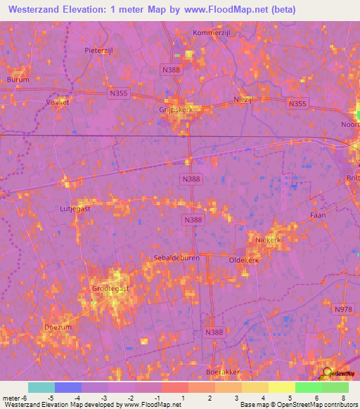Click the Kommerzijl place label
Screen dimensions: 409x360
coord(212,32)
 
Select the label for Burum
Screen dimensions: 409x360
coord(19,79)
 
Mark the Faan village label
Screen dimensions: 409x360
coord(318,215)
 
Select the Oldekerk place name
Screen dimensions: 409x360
coord(244,260)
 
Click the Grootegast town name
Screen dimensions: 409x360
coord(111,288)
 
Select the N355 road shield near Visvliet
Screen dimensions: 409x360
coord(118,92)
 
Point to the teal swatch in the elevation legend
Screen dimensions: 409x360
coord(41,387)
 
